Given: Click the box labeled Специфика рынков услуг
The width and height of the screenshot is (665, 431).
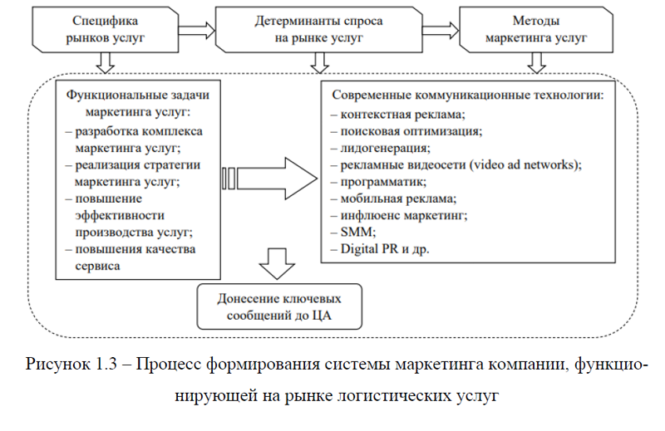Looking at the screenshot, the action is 106,30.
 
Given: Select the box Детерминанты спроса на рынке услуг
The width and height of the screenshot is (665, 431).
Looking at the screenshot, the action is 319,30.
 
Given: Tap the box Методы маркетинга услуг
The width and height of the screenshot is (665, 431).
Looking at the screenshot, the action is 536,30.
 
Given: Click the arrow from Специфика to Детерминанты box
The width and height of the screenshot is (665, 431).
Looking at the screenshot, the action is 197,31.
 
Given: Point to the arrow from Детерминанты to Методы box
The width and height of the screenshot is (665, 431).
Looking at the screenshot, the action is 441,31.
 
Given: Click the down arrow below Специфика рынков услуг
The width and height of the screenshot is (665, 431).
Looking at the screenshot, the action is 106,63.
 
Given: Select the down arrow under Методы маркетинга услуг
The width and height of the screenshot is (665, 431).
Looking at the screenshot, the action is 536,63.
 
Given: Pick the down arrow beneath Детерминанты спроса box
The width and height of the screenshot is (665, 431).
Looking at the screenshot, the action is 320,63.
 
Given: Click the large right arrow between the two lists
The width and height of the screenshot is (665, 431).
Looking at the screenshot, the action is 269,179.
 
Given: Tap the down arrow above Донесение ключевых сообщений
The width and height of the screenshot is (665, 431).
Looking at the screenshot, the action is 277,263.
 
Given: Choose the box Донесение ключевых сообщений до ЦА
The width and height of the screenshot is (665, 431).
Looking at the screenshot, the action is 279,306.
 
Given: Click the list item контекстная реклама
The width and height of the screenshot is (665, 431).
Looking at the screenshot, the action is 398,115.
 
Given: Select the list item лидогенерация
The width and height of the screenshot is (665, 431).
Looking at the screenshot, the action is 381,148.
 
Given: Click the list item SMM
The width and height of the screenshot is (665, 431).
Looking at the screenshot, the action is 353,232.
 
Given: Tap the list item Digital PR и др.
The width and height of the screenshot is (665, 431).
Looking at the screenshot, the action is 380,249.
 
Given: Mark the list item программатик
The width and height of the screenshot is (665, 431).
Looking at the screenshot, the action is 379,182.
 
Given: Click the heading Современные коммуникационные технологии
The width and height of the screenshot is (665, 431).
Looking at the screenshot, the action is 468,95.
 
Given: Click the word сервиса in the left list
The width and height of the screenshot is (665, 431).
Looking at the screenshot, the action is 97,266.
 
